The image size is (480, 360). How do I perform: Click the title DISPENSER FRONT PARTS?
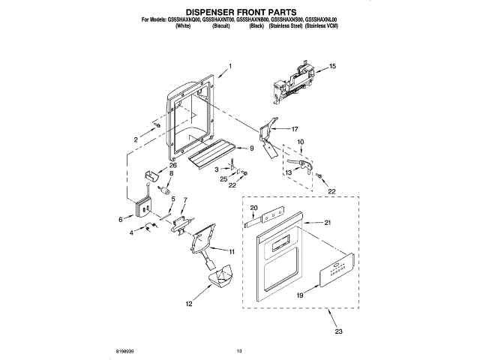point(239,12)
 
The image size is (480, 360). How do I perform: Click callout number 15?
point(332,67)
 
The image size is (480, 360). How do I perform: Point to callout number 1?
point(230,67)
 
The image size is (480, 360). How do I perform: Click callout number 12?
point(188,304)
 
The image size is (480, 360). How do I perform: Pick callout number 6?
point(121,219)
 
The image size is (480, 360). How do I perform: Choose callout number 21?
point(327,223)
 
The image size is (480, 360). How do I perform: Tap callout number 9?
point(251,148)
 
